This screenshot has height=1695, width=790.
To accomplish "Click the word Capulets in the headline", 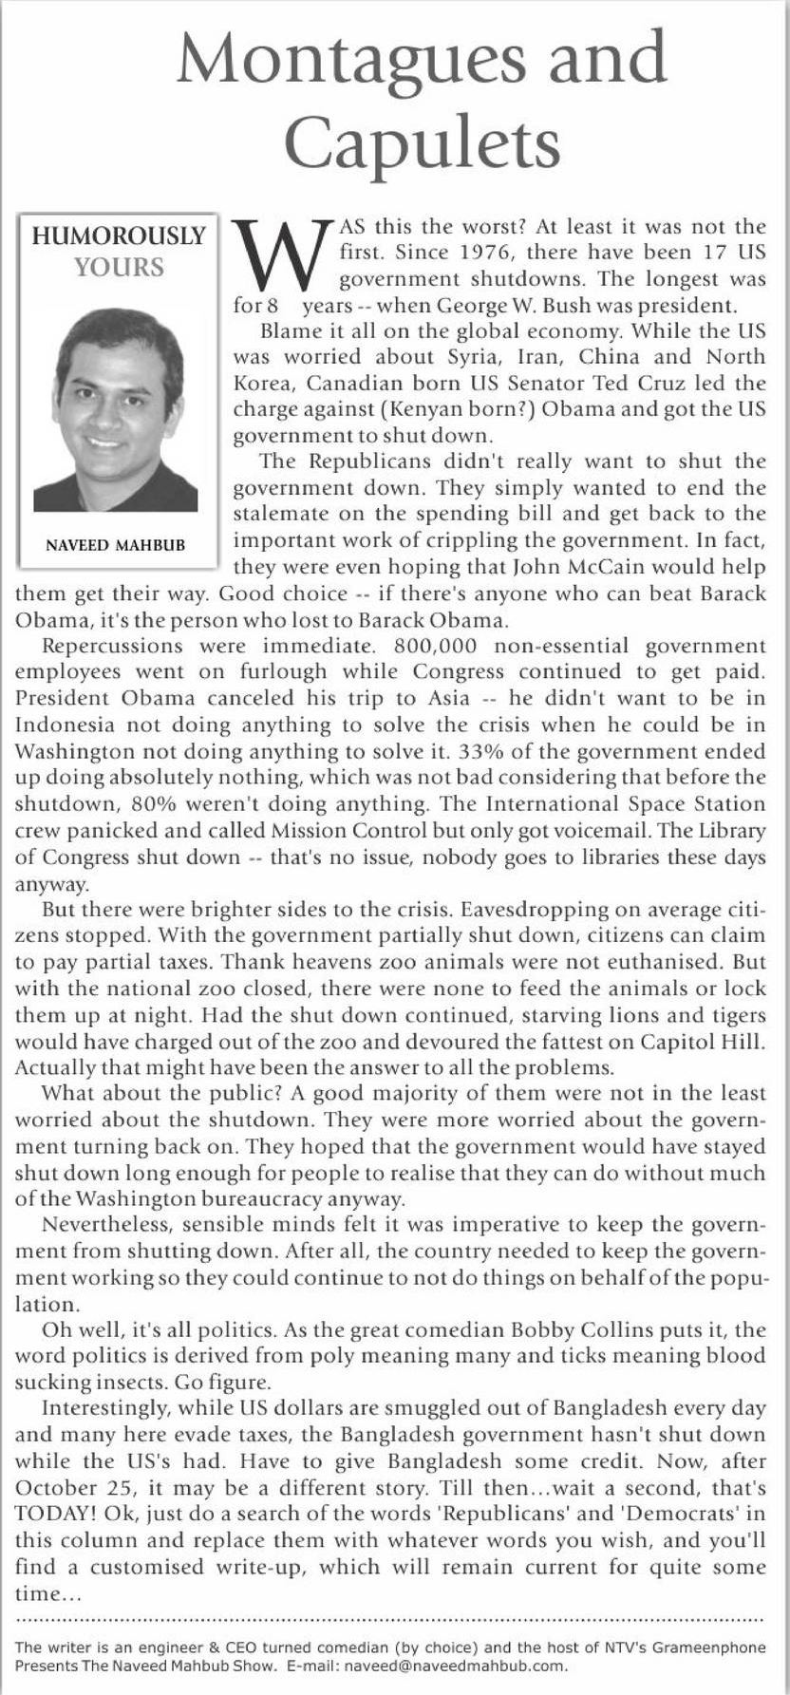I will tap(422, 144).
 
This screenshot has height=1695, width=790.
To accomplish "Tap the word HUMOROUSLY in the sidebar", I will tap(119, 235).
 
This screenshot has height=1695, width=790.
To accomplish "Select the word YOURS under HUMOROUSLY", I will tap(119, 268).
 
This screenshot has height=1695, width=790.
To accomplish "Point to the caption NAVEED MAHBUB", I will tap(116, 545).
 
